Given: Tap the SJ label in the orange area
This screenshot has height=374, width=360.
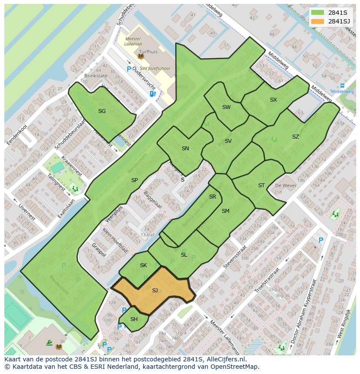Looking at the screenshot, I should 155,291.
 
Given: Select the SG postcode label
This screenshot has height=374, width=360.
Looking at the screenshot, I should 102,111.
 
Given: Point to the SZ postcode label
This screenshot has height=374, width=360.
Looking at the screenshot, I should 296,137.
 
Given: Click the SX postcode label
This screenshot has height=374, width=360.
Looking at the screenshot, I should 273,100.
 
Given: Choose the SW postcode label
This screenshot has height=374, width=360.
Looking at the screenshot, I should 226,107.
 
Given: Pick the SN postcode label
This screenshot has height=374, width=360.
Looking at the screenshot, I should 185,149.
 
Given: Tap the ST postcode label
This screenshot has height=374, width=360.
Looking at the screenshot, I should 261,185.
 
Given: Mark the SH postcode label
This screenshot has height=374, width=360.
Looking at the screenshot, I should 134,319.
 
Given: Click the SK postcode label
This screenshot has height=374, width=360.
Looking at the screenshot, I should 143,265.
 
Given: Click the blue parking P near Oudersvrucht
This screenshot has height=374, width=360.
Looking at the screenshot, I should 129,69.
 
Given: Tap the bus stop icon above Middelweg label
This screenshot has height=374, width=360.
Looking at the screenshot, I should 343,86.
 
